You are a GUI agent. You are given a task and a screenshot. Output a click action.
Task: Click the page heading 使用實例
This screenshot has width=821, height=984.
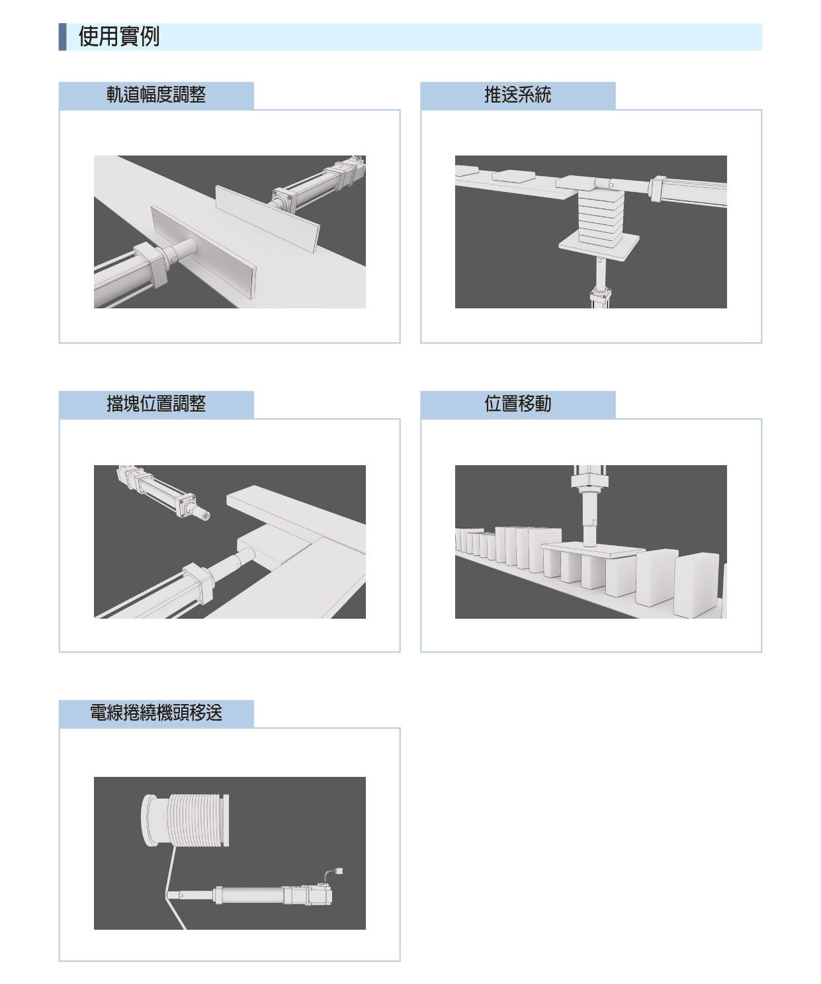coord(118,36)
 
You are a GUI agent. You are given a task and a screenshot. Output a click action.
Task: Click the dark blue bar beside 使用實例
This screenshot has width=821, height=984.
coord(62,36)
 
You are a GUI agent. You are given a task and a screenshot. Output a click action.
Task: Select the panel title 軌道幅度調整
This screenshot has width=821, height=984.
coord(156,95)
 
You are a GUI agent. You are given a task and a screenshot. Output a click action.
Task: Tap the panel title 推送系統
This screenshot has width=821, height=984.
coord(517,95)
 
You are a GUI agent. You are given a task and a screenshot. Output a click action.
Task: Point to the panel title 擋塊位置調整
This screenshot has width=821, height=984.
coord(156,404)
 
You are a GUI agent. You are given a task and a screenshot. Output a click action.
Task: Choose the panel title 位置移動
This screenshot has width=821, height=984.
coord(517,404)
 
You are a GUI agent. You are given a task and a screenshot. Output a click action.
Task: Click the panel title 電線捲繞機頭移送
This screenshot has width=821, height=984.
coord(156,713)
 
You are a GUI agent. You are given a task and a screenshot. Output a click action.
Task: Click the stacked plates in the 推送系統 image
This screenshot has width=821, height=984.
coord(600,215)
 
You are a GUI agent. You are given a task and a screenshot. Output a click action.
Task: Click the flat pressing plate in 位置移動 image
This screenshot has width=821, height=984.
coord(593,549)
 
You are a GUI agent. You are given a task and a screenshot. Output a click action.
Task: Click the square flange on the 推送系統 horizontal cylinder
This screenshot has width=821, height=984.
coord(656,189)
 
